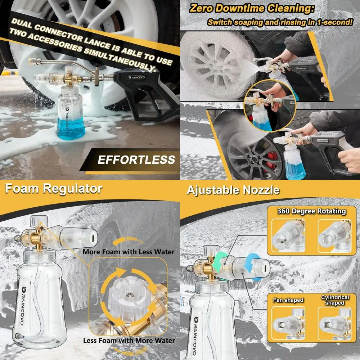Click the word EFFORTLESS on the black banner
click(136, 159)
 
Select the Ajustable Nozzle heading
click(233, 190)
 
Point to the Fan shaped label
click(288, 300)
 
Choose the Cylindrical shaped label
click(335, 300)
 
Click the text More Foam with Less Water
click(129, 252)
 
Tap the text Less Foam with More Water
click(129, 340)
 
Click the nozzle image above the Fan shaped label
click(288, 323)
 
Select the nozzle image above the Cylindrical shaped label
click(335, 323)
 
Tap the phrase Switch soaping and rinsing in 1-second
click(279, 22)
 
